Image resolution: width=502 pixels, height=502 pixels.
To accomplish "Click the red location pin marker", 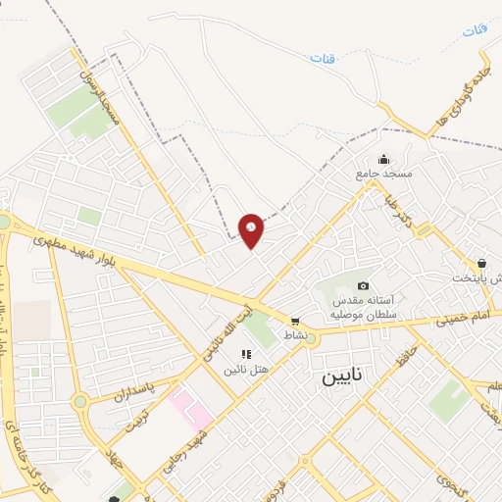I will tap(252, 229).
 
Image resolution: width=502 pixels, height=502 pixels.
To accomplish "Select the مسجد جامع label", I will tap(383, 174).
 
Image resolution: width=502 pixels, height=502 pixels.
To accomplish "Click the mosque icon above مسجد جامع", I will tap(383, 159).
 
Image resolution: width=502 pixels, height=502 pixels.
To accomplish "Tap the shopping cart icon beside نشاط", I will tap(294, 322).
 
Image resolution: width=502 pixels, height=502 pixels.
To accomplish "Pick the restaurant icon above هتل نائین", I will tap(245, 353).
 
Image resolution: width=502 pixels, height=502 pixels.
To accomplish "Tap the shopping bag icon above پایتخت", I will tap(481, 264).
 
